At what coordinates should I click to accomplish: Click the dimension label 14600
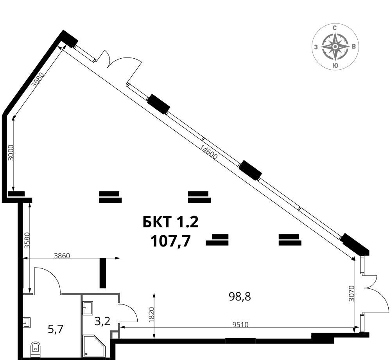[209, 152]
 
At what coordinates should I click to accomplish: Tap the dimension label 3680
[38, 79]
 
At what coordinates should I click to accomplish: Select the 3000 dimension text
[11, 153]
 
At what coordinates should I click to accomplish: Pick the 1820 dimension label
[152, 315]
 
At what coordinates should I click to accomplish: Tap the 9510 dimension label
[240, 324]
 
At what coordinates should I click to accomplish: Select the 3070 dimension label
[352, 293]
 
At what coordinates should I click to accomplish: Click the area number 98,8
[240, 297]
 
